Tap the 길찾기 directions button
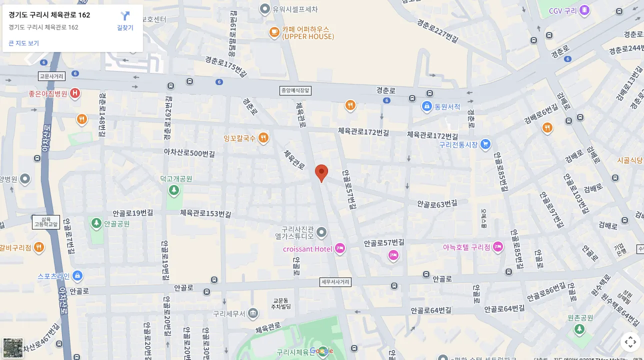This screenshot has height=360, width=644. click(x=125, y=21)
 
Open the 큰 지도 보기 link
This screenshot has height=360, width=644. click(x=23, y=43)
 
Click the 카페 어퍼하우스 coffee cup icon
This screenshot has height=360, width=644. click(x=274, y=32)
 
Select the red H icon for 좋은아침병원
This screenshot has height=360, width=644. click(x=75, y=93)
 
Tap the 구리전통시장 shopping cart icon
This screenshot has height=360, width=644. click(x=485, y=144)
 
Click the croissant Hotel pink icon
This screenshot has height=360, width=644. click(x=340, y=248)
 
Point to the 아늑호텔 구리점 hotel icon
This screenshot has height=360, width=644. click(x=498, y=247)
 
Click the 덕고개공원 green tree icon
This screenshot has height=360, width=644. click(x=173, y=190)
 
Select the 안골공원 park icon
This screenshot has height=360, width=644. click(x=96, y=223)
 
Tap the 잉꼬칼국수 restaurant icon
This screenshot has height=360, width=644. click(x=263, y=137)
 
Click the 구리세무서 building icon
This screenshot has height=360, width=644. click(x=253, y=313)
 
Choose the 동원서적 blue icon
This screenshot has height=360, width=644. click(x=426, y=106)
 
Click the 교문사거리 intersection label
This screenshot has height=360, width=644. click(x=51, y=76)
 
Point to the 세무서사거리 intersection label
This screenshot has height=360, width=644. click(x=335, y=282)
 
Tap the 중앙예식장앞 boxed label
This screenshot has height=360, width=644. click(x=295, y=90)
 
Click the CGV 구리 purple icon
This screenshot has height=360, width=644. click(x=584, y=10)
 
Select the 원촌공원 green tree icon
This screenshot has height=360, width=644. click(x=579, y=329)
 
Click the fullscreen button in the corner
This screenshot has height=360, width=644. click(x=630, y=342)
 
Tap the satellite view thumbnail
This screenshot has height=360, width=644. click(x=13, y=347)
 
